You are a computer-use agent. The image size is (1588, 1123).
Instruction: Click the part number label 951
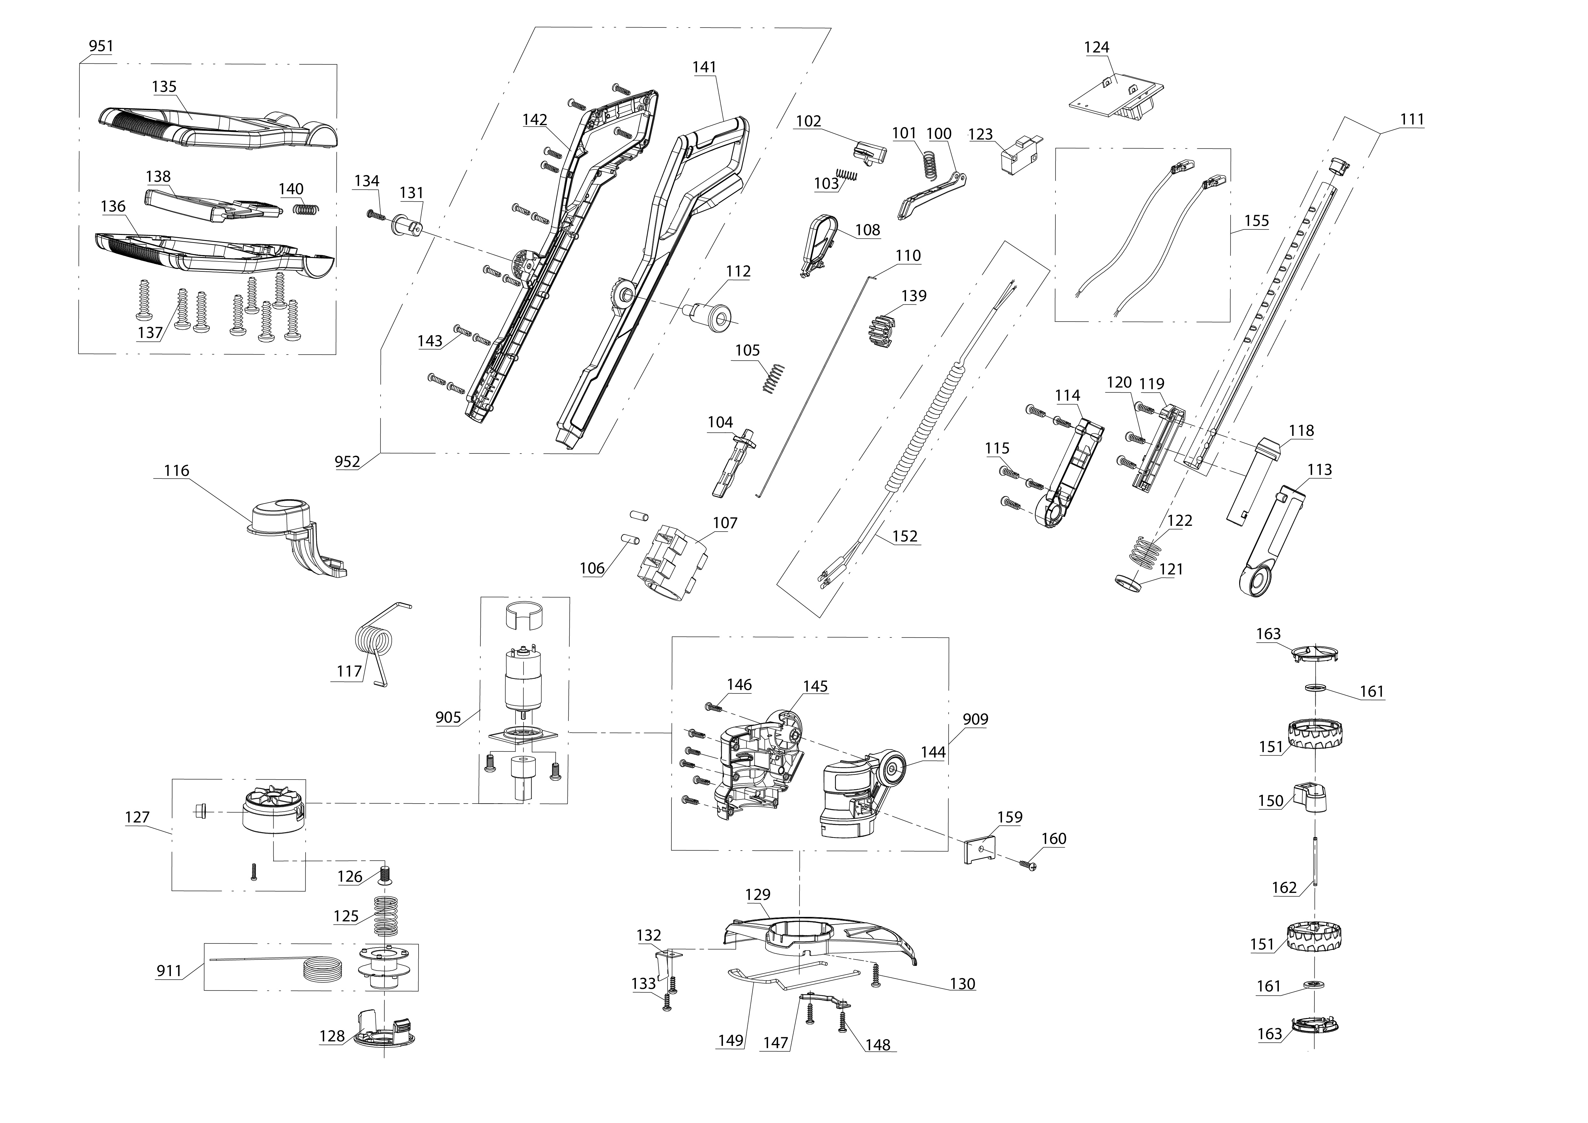coord(101,46)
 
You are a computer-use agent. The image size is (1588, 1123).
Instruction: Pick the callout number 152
coord(905,536)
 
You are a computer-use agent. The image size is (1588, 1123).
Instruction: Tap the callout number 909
coord(975,719)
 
